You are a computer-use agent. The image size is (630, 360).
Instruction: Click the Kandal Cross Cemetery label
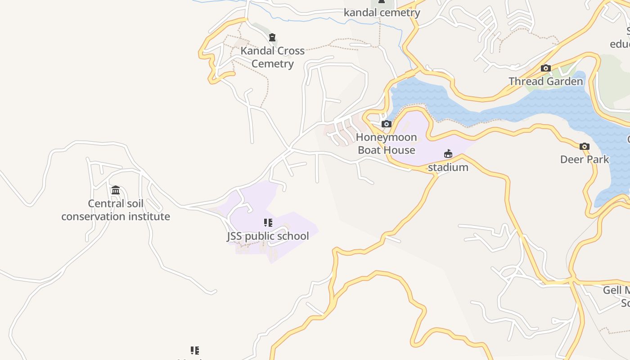[272, 57]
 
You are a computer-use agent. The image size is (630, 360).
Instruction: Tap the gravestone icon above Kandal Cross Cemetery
[272, 37]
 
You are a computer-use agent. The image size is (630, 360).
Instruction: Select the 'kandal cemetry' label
[382, 13]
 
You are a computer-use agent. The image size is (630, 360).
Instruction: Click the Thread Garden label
[545, 81]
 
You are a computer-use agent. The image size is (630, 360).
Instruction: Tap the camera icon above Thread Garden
[545, 68]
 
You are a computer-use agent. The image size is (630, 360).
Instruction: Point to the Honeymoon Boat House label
[386, 144]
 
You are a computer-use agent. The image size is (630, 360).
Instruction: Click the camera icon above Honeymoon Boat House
[386, 124]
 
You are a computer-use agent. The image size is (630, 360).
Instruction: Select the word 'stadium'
[448, 167]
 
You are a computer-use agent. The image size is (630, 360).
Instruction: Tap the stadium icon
[448, 154]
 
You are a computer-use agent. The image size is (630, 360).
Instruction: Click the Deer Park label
[584, 159]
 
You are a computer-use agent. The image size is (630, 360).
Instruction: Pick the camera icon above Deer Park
[584, 146]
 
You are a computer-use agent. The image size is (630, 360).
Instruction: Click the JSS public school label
[268, 236]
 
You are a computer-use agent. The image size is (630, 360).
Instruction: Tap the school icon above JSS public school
[268, 223]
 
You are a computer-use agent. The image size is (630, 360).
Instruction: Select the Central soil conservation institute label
[116, 210]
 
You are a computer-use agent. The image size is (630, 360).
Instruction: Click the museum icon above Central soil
[116, 190]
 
